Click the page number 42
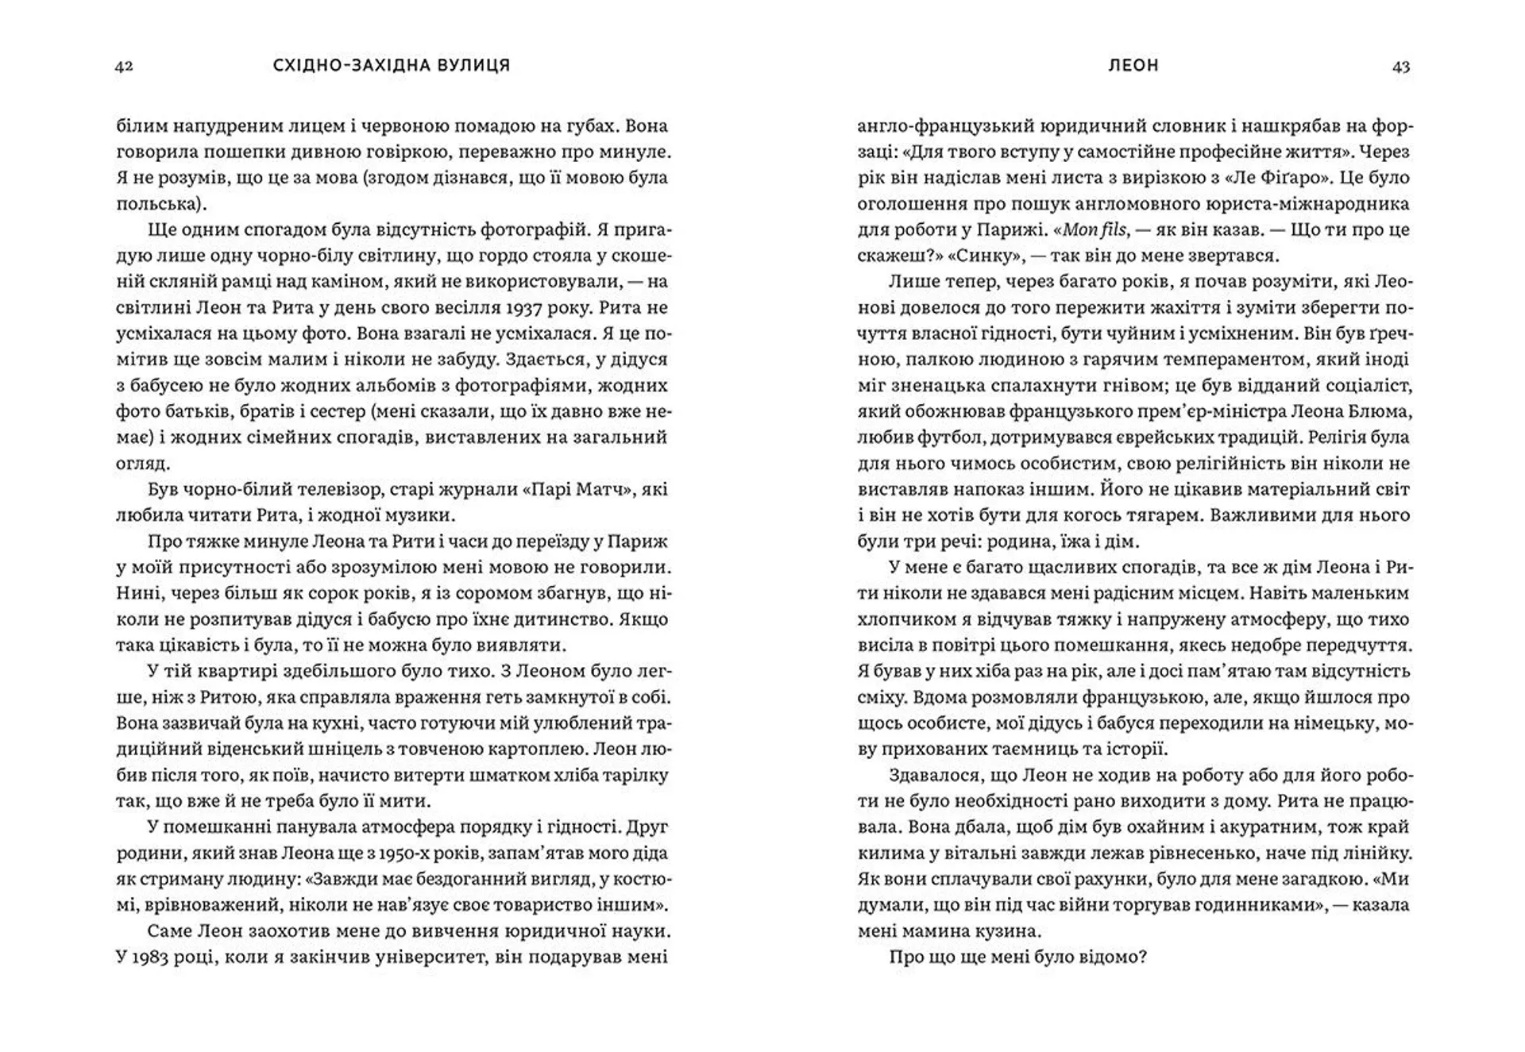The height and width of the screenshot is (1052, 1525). pyautogui.click(x=124, y=67)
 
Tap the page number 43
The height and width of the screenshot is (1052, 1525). pyautogui.click(x=1401, y=67)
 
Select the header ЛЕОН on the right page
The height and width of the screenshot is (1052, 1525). pyautogui.click(x=1133, y=66)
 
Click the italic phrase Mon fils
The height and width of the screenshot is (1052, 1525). pyautogui.click(x=1094, y=230)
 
